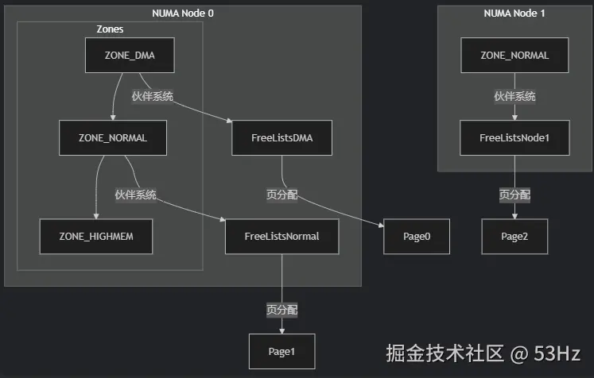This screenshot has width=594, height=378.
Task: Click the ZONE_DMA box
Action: pyautogui.click(x=130, y=56)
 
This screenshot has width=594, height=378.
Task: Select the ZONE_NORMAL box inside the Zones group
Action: pyautogui.click(x=113, y=137)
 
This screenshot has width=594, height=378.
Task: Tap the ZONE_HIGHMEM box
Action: pyautogui.click(x=96, y=237)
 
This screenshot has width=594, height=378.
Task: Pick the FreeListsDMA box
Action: pyautogui.click(x=281, y=137)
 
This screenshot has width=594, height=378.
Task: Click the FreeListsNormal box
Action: pyautogui.click(x=281, y=237)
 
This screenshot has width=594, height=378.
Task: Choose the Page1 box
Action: pyautogui.click(x=281, y=351)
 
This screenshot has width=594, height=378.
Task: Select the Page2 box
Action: pyautogui.click(x=514, y=237)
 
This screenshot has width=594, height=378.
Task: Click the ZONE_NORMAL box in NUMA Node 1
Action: pyautogui.click(x=514, y=56)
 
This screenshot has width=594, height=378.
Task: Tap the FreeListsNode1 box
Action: pyautogui.click(x=514, y=137)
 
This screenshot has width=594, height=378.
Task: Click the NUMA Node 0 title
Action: pyautogui.click(x=183, y=13)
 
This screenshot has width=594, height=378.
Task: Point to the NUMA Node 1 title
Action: pyautogui.click(x=514, y=13)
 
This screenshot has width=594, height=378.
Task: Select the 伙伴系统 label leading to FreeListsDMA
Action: pyautogui.click(x=153, y=96)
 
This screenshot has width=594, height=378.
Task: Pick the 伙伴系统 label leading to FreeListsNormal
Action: pyautogui.click(x=135, y=195)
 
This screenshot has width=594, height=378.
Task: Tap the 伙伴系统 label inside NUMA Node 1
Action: pyautogui.click(x=514, y=96)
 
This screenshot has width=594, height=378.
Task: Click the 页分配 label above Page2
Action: pyautogui.click(x=514, y=195)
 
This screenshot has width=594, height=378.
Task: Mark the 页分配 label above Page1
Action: pyautogui.click(x=281, y=310)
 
